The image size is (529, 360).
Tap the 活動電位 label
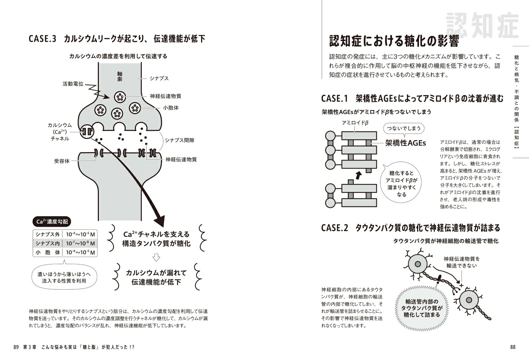pos(73,84)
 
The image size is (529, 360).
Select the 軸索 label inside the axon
pos(120,76)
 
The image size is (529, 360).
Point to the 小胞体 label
pos(171,108)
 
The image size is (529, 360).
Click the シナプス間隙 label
pos(180,140)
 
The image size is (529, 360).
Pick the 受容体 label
pos(62,161)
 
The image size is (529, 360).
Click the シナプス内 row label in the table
pos(48,243)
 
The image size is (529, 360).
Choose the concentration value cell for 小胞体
pos(80,252)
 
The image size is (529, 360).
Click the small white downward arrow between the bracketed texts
pos(156,258)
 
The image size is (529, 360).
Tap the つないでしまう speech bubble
pos(404,129)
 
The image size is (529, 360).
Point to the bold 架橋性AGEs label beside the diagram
pos(406,143)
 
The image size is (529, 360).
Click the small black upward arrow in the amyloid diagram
pos(358,175)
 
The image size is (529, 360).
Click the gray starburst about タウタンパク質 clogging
pos(421,307)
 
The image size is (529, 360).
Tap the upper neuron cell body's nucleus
pos(418,264)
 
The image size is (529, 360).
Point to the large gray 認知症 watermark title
pos(482,25)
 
